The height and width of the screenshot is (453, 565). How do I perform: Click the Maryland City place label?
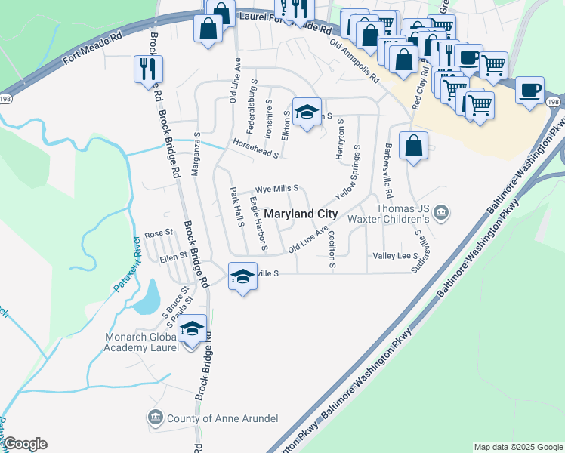click(300, 214)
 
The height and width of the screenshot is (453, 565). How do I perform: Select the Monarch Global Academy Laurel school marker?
click(192, 330)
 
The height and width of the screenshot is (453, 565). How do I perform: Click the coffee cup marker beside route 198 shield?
click(529, 92)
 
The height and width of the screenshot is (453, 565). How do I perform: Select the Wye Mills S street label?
click(276, 188)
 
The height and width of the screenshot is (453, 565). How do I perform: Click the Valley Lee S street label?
click(396, 257)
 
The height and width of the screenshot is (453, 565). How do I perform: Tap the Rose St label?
click(159, 233)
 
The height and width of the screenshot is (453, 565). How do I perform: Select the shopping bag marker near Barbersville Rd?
click(413, 146)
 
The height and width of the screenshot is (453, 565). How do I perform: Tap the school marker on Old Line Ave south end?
click(242, 276)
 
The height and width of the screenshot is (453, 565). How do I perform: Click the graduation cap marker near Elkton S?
click(307, 113)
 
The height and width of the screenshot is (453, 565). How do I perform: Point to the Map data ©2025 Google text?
click(517, 447)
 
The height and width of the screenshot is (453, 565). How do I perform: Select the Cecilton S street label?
click(332, 251)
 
